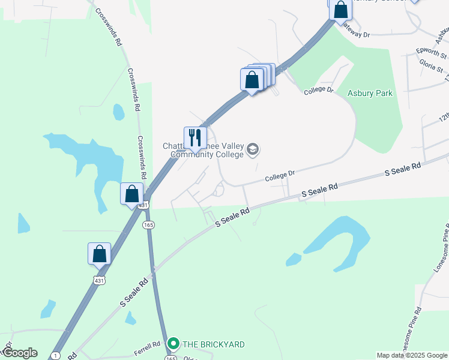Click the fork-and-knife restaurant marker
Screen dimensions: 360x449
coord(195,137)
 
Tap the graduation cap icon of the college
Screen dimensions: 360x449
coord(253,149)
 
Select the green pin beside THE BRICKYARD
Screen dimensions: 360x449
coord(173,344)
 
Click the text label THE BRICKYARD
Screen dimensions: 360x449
coord(213,344)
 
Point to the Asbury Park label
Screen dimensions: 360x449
coord(369,94)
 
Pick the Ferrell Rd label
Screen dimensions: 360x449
coord(148,345)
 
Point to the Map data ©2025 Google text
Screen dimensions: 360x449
coord(411,355)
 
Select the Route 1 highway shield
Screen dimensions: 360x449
coord(55,356)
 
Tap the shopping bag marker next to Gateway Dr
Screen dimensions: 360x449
coord(340,10)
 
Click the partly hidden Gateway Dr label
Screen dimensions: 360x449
coord(355,35)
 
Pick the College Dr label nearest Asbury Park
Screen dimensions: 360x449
coord(318,90)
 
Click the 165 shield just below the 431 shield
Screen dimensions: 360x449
coord(148,224)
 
